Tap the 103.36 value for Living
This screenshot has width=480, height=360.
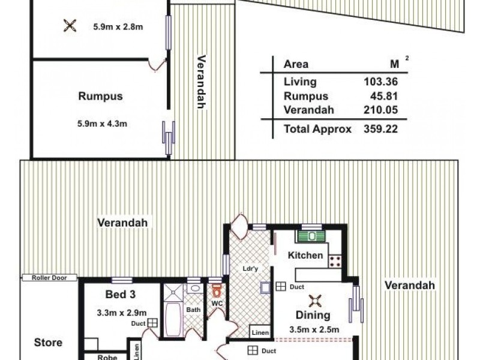381,82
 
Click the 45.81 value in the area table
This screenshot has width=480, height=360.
386,96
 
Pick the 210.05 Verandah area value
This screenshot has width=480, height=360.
381,110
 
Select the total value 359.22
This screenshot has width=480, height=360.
381,128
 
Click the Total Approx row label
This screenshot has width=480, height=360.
317,128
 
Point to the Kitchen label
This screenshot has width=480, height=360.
306,256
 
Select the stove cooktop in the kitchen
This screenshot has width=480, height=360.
335,260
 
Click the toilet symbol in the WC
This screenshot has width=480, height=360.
216,292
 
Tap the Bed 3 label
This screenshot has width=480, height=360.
119,295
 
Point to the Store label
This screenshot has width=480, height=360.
49,343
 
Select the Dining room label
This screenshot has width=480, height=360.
312,316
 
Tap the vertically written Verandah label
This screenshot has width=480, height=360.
201,82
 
